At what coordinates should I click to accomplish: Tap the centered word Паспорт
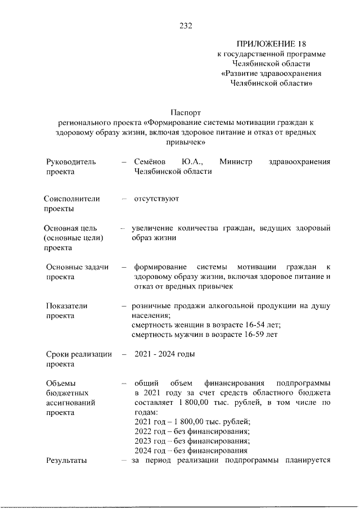(x=185, y=112)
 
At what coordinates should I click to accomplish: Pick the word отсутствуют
(x=156, y=199)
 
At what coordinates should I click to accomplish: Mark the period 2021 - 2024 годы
(x=164, y=354)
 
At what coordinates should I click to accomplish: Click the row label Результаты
(x=66, y=461)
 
